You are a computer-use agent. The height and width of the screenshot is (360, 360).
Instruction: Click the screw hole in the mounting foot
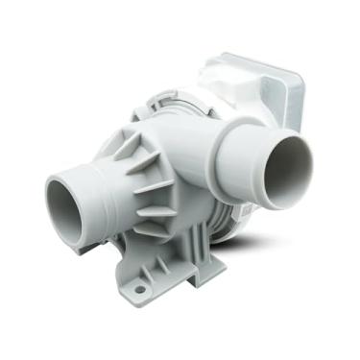(139, 288)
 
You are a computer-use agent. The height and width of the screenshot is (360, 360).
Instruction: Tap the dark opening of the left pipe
(67, 199)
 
